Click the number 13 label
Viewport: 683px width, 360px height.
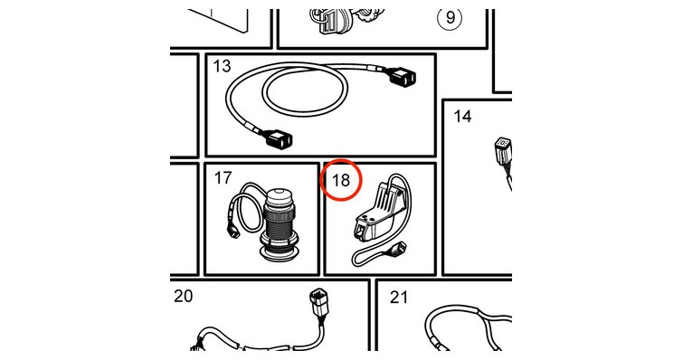point(222,66)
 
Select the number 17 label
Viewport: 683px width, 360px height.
point(223,177)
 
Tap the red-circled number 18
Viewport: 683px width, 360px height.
point(341,180)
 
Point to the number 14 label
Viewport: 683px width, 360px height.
point(462,116)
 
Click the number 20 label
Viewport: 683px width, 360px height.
point(183,296)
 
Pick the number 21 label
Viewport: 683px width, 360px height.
point(400,298)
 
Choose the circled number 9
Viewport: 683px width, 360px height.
point(450,17)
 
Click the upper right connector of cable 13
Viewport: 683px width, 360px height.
point(403,79)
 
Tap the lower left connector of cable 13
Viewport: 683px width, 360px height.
point(279,140)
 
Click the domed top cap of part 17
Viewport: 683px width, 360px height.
point(281,197)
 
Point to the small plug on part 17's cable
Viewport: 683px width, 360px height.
point(234,231)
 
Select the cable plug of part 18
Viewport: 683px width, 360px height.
point(398,249)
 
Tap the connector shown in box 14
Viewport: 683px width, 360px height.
point(504,150)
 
